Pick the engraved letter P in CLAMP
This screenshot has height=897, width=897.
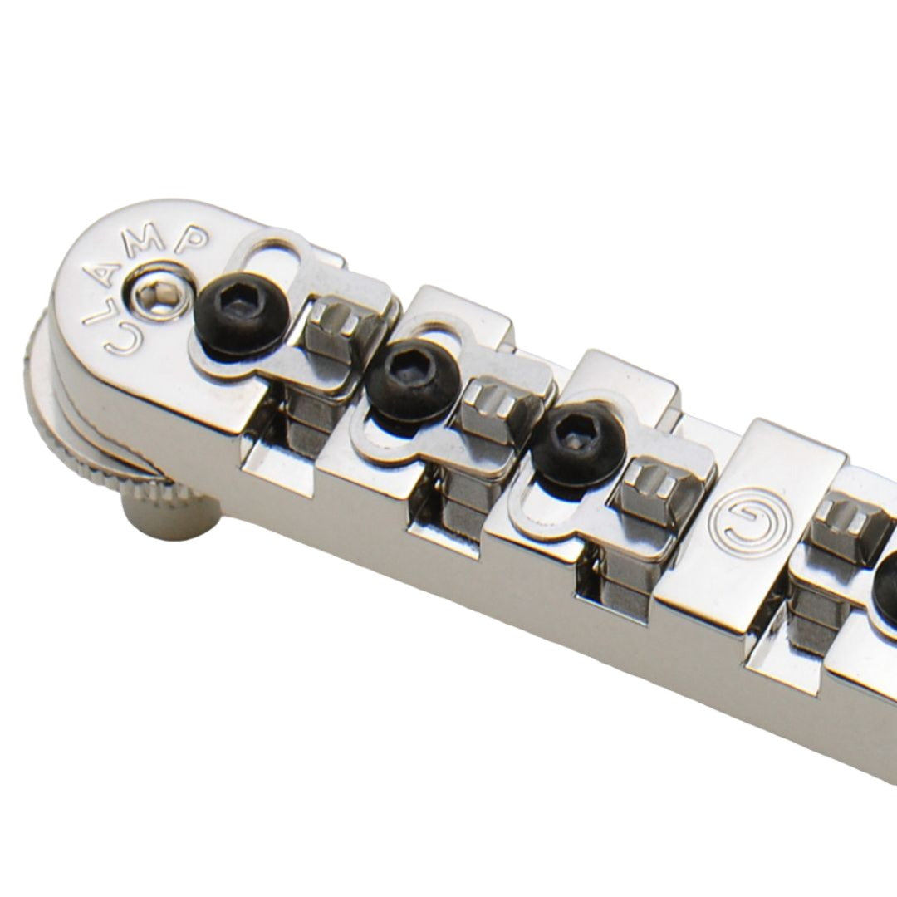click(193, 241)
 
